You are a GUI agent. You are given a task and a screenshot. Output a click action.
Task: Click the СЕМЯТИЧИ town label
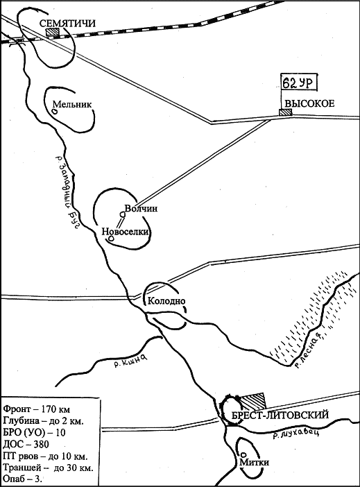pyautogui.click(x=67, y=24)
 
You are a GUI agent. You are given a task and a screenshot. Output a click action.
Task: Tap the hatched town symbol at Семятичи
pyautogui.click(x=53, y=33)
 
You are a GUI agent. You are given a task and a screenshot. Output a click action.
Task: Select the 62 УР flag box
pyautogui.click(x=300, y=83)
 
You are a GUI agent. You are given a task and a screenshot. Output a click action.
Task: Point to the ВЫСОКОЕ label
pyautogui.click(x=309, y=103)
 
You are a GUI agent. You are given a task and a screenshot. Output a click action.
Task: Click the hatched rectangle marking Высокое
pyautogui.click(x=286, y=112)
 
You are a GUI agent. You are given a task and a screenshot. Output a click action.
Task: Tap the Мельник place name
pyautogui.click(x=72, y=104)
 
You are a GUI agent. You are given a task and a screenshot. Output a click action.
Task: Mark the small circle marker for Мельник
pyautogui.click(x=54, y=110)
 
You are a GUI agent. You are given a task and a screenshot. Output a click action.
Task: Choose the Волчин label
pyautogui.click(x=141, y=208)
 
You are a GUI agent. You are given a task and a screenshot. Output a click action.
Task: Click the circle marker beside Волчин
pyautogui.click(x=123, y=214)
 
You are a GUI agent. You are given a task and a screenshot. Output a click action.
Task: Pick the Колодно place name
pyautogui.click(x=166, y=300)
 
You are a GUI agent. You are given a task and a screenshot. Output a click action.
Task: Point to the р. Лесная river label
pyautogui.click(x=311, y=350)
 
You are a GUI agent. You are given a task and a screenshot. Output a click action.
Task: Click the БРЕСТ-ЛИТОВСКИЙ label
pyautogui.click(x=280, y=415)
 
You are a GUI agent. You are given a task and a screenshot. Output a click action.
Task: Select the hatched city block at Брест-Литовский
pyautogui.click(x=253, y=401)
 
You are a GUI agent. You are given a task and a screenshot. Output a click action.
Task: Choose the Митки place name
pyautogui.click(x=254, y=462)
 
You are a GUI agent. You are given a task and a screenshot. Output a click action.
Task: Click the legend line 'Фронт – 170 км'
pyautogui.click(x=36, y=409)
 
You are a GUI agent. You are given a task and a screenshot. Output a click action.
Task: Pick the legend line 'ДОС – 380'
pyautogui.click(x=26, y=445)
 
